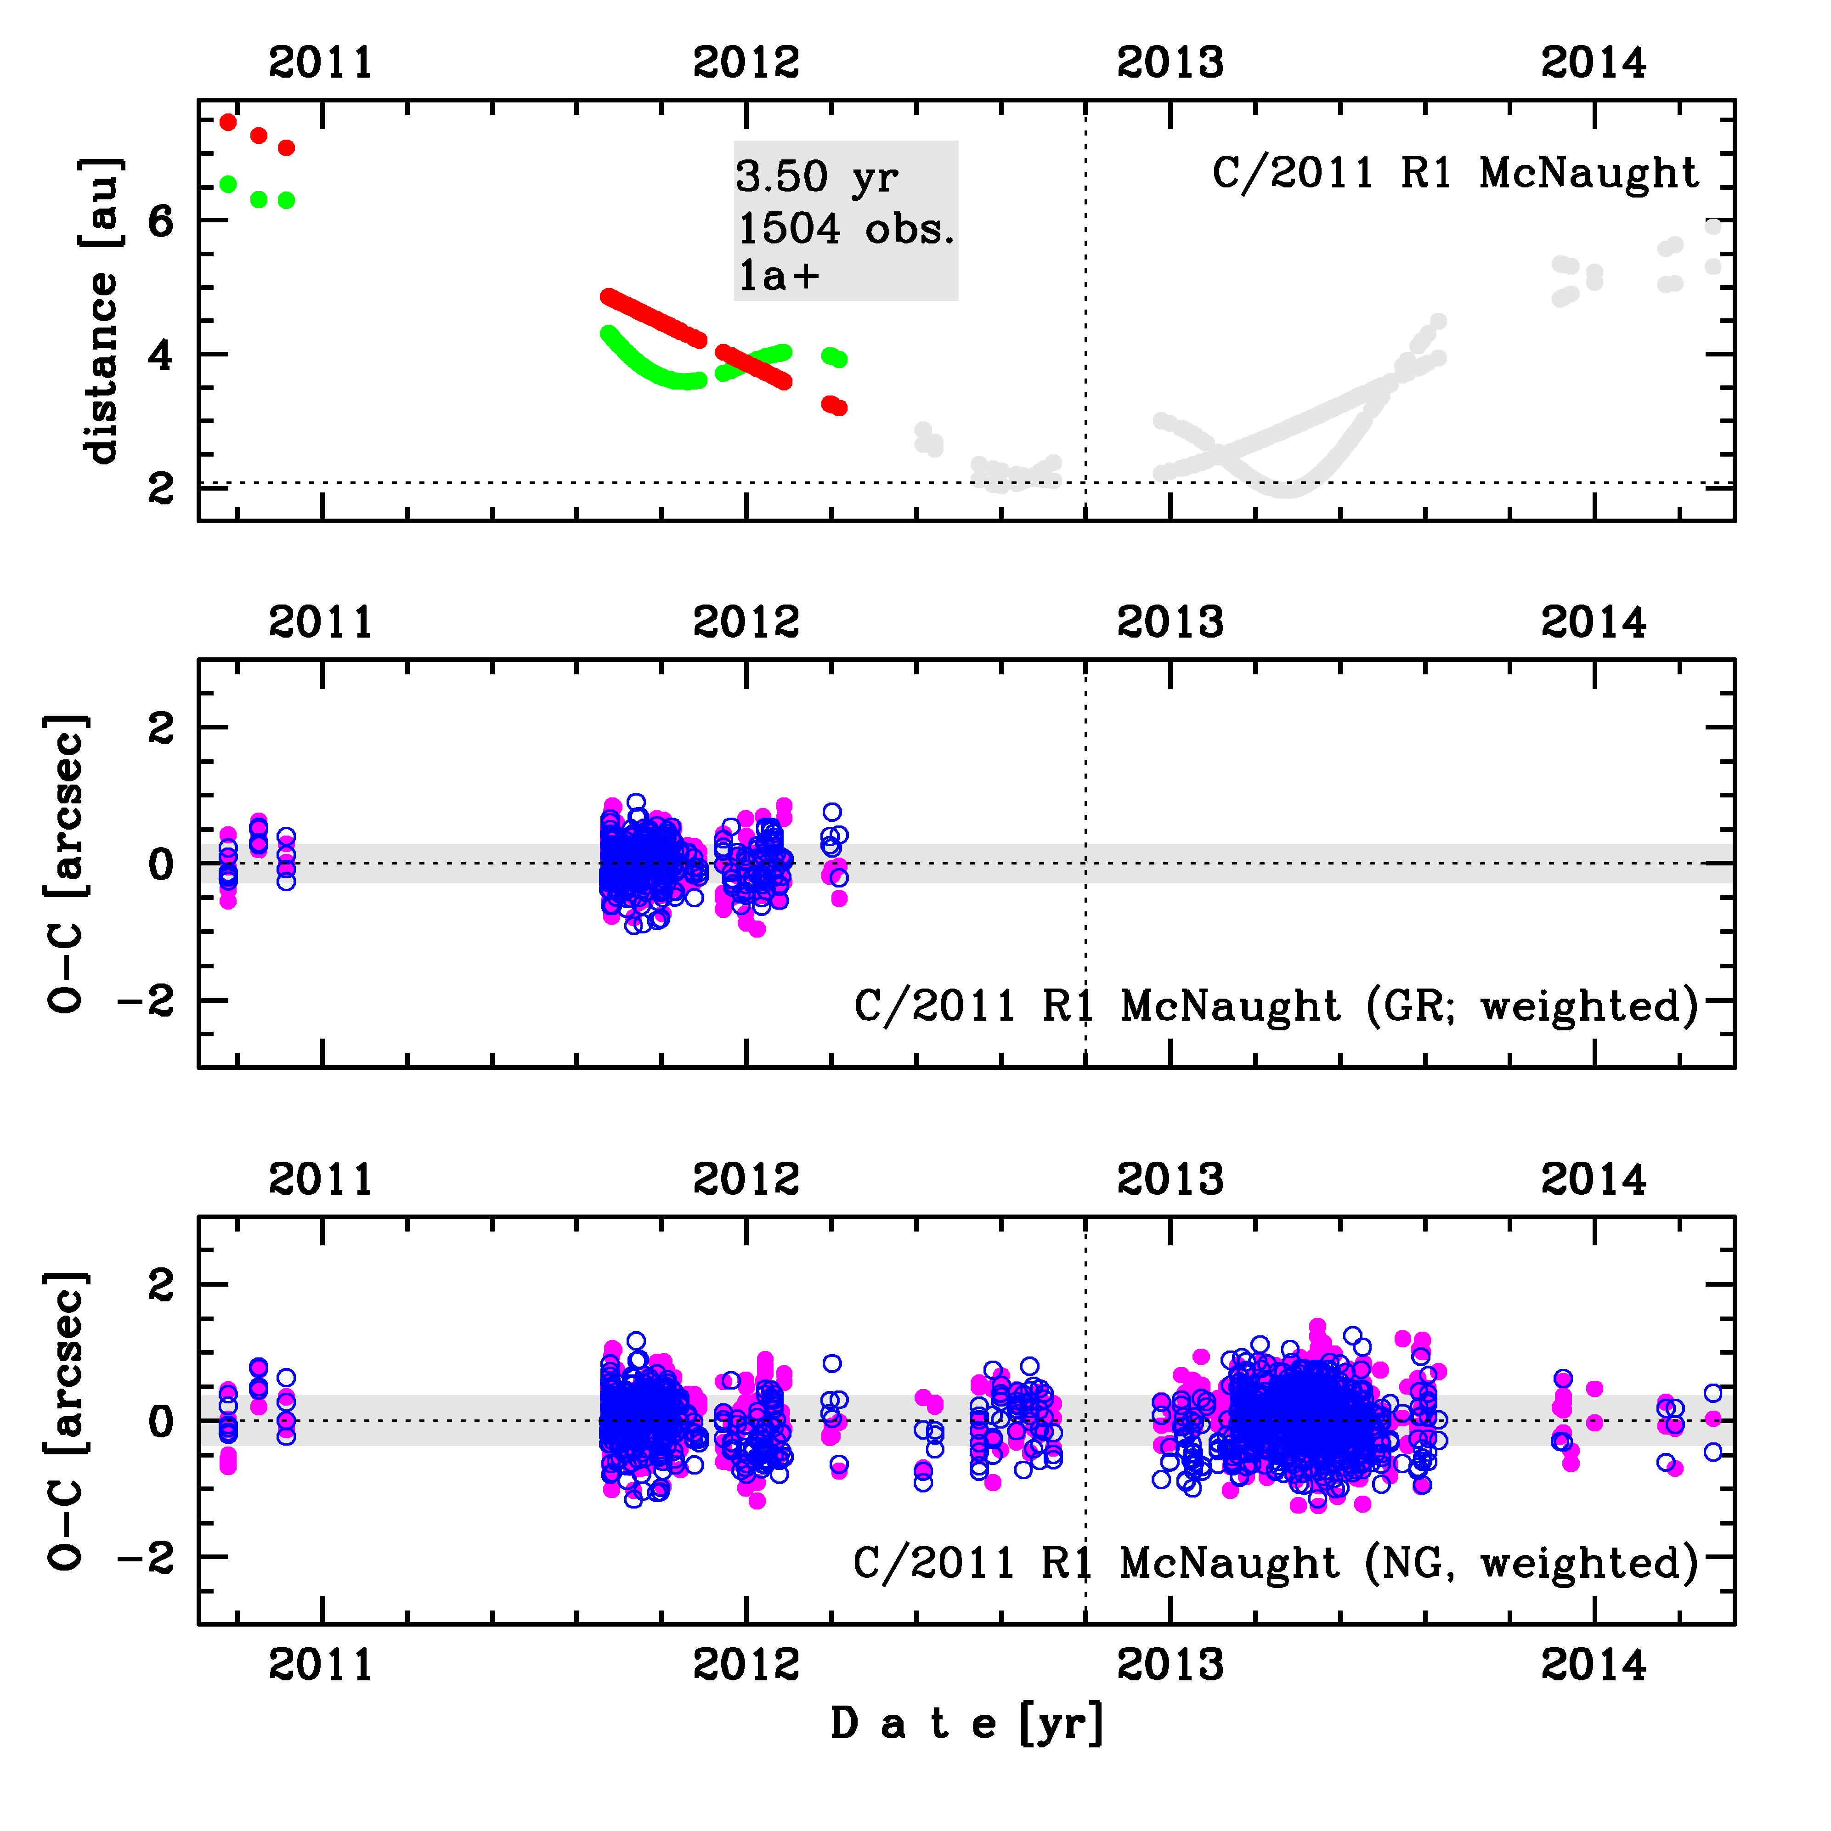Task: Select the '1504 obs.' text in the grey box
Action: point(845,228)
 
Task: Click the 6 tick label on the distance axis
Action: point(161,221)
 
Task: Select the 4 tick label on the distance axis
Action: point(161,356)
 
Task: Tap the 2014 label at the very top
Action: point(1594,62)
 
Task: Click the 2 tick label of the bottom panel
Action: point(161,1285)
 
